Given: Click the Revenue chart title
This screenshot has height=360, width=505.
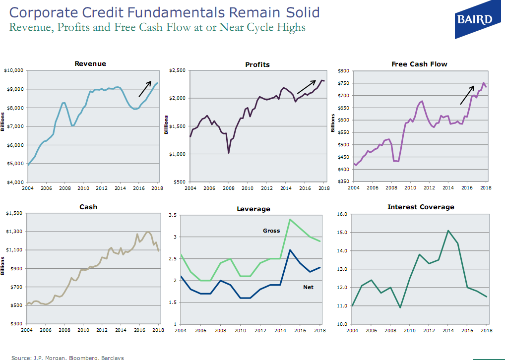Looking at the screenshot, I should [x=90, y=63].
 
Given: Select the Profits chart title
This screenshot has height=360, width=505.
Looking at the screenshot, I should [x=257, y=64].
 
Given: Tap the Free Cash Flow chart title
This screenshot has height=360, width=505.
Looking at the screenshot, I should [x=419, y=64].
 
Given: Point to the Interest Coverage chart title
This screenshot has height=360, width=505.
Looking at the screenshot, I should [x=421, y=207].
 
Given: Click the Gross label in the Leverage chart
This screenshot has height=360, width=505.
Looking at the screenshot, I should [x=271, y=231].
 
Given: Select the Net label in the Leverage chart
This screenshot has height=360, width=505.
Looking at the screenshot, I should [x=308, y=287].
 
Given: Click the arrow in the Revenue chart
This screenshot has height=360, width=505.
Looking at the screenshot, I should [x=146, y=87].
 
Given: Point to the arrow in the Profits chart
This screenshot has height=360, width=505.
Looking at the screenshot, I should [x=306, y=86].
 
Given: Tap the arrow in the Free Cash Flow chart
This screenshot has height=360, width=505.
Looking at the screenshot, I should [x=467, y=95].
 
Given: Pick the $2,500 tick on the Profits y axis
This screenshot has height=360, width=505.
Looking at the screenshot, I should [x=177, y=71].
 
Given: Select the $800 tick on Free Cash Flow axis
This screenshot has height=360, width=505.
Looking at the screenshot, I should [x=343, y=71].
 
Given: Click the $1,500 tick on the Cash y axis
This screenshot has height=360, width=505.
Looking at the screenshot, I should [x=15, y=213].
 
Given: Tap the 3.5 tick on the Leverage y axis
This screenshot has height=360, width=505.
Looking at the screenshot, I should [x=173, y=215].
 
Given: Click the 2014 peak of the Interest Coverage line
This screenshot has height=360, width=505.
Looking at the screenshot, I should [x=448, y=231].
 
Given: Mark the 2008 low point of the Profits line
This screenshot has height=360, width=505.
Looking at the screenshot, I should [x=228, y=153].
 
